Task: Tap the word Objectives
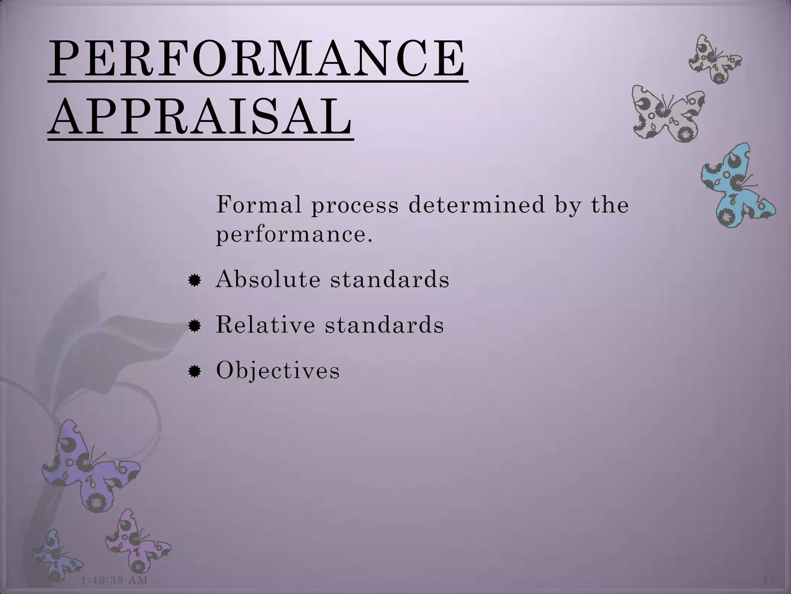point(278,370)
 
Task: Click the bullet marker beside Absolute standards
point(194,280)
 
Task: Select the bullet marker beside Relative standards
point(194,326)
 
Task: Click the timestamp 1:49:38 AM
point(115,580)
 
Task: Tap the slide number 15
point(769,580)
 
